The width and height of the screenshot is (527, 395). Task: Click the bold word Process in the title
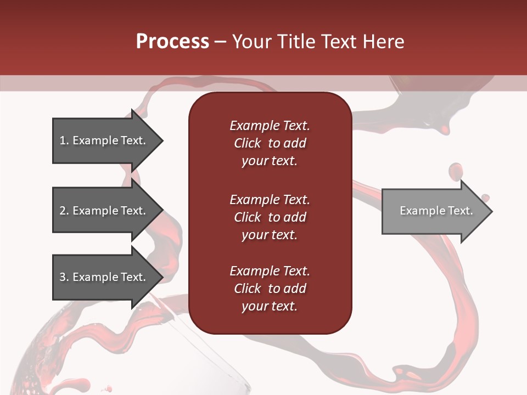(x=172, y=42)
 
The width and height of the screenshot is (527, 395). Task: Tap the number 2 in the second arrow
(x=63, y=211)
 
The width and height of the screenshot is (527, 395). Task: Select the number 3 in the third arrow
(x=63, y=277)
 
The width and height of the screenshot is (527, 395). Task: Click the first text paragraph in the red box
(x=270, y=143)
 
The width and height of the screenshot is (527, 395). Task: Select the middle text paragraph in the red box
(x=270, y=217)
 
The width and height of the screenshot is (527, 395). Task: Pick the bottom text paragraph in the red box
(x=270, y=289)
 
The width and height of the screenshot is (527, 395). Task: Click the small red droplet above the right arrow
(x=455, y=171)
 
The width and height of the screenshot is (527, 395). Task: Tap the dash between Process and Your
(x=220, y=42)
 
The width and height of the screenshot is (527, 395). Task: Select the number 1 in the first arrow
(x=62, y=140)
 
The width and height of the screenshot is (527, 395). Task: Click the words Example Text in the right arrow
(x=436, y=211)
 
